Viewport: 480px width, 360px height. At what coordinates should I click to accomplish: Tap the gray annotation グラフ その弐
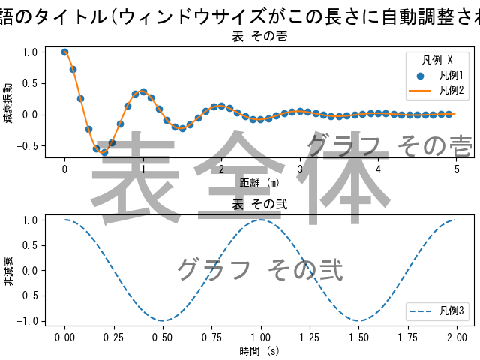[x=259, y=269]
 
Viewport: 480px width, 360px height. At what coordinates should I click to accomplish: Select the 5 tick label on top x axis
[x=457, y=168]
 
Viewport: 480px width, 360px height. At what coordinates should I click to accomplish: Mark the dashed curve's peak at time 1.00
[x=260, y=220]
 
